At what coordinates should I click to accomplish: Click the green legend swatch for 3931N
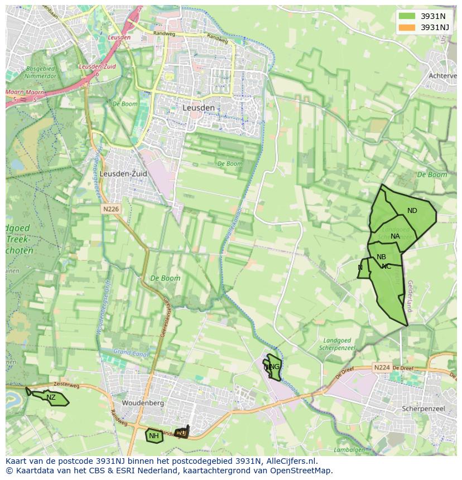click(407, 16)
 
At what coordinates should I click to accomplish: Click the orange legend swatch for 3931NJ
click(407, 27)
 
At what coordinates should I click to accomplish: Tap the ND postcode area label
click(412, 211)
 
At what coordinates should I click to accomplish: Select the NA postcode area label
click(395, 236)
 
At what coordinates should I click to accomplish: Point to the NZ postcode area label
click(51, 397)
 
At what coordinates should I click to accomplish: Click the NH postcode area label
click(154, 436)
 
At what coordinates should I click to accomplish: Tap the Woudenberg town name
click(143, 403)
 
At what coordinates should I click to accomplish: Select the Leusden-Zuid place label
click(123, 174)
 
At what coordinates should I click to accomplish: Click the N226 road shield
click(110, 209)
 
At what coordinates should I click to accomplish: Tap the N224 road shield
click(382, 367)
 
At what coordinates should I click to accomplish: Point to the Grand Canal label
click(129, 352)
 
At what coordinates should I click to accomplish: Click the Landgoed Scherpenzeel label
click(335, 344)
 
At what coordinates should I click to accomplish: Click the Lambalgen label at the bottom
click(349, 450)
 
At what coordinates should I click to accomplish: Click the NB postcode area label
click(381, 257)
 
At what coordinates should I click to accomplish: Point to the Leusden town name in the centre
click(198, 108)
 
